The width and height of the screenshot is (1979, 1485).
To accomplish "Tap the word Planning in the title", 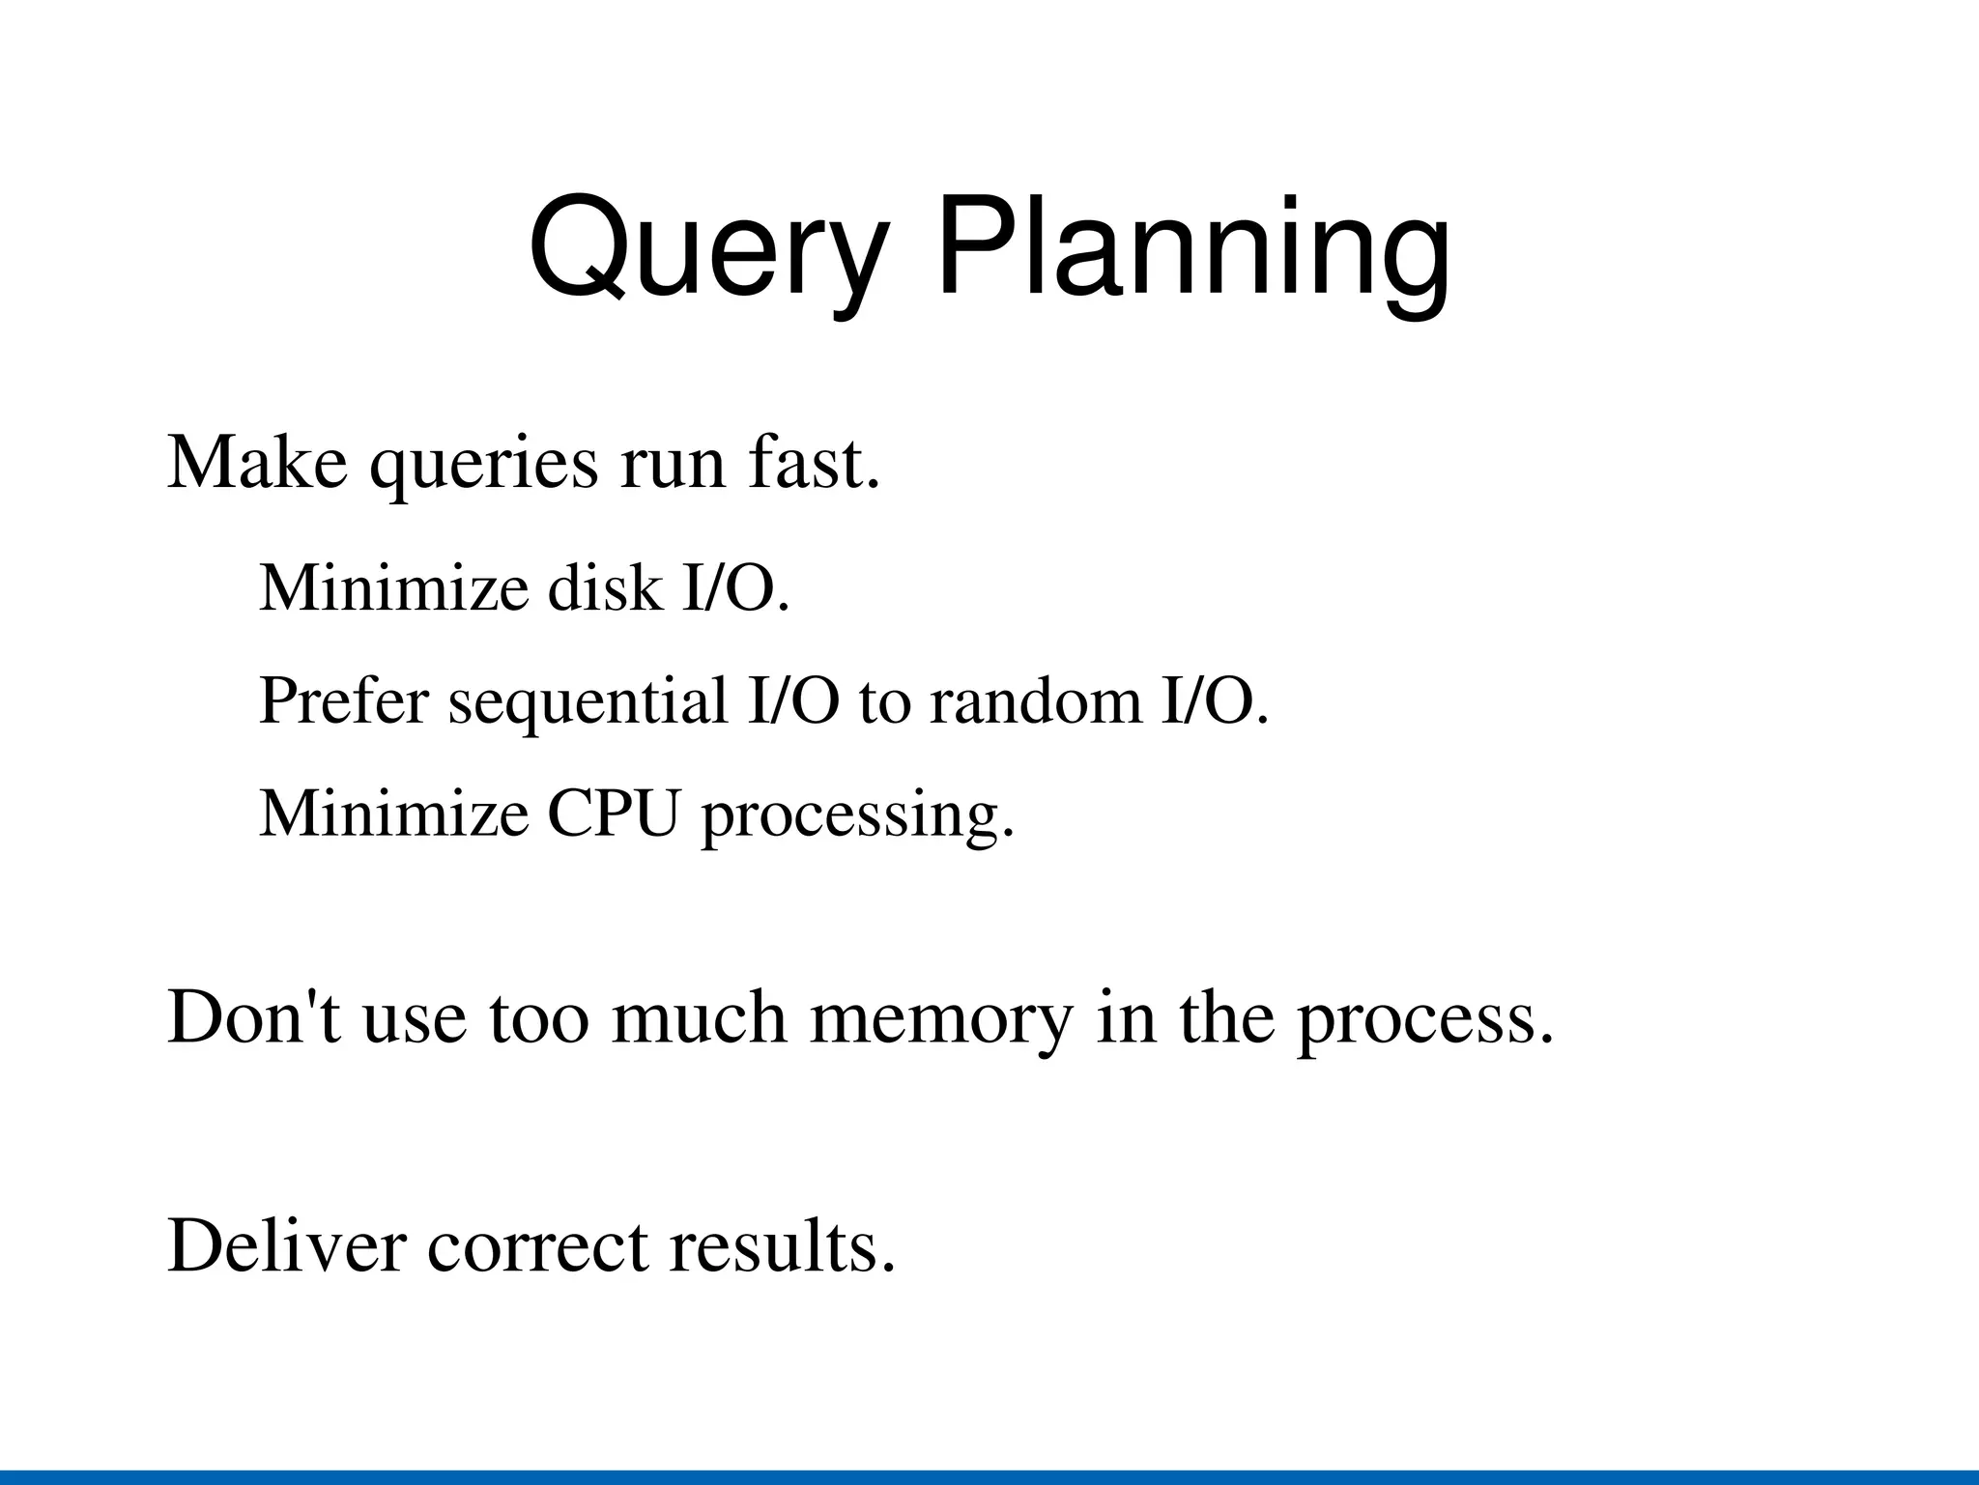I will point(1193,248).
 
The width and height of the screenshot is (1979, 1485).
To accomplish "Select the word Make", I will point(257,463).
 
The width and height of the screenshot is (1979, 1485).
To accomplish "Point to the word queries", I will point(483,467).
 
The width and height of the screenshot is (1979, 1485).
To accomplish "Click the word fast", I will point(813,463).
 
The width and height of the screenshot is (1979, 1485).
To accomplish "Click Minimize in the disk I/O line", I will point(393,587).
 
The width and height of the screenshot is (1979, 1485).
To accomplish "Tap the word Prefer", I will point(343,700).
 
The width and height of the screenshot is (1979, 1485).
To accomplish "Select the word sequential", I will point(588,702).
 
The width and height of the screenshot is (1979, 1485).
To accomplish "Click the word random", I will point(1034,700).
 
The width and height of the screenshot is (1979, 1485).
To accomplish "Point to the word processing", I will point(857,817).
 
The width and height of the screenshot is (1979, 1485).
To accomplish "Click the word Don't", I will point(254,1017).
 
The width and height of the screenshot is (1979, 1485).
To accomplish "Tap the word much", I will point(699,1017).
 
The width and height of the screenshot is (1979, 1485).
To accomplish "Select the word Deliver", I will point(286,1246).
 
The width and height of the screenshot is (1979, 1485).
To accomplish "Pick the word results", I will point(782,1246).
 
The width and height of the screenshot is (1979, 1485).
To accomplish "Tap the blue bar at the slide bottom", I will point(989,1477).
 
